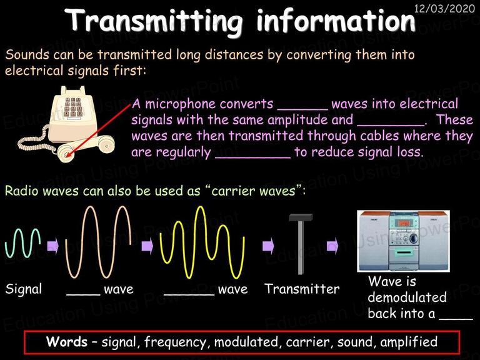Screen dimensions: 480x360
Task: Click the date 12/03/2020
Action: click(x=444, y=8)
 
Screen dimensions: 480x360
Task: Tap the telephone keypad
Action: click(x=72, y=107)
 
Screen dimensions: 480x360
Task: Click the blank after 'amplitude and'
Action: click(x=391, y=124)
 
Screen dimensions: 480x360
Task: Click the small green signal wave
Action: click(x=22, y=242)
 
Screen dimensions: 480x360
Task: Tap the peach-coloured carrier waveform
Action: click(x=98, y=241)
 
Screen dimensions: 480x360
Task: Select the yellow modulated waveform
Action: click(x=202, y=242)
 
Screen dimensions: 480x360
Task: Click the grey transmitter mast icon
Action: click(x=301, y=244)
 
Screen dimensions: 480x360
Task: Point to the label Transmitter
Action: click(x=302, y=289)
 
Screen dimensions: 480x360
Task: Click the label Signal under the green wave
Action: click(x=24, y=289)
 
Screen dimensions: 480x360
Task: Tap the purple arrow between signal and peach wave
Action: click(x=53, y=246)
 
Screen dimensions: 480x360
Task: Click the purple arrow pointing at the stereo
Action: click(x=332, y=246)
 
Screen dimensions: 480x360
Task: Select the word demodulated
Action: click(x=407, y=297)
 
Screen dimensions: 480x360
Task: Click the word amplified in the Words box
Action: click(x=409, y=342)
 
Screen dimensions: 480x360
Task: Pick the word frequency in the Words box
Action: click(x=176, y=342)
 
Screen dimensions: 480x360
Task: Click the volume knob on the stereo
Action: click(x=413, y=237)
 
